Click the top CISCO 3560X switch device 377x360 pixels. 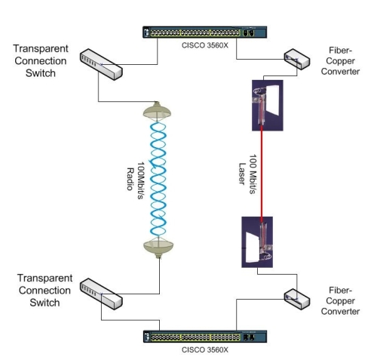click(204, 32)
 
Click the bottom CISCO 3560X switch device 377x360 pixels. click(205, 337)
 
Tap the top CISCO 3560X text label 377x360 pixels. click(205, 45)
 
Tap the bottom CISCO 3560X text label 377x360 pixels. click(205, 350)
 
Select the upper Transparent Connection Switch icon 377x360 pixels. click(101, 64)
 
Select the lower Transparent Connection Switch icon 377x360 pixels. click(101, 294)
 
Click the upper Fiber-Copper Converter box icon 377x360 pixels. click(297, 60)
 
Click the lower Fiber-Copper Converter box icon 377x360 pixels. click(297, 299)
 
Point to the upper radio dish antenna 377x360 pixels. click(157, 111)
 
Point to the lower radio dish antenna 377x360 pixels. click(158, 248)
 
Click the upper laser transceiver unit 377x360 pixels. click(268, 106)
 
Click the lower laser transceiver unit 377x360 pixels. click(257, 242)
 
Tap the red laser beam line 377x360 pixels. click(262, 174)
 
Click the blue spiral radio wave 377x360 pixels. click(158, 179)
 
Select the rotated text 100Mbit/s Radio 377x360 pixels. click(135, 180)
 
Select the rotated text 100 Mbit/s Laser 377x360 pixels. click(247, 174)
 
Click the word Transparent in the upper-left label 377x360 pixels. click(41, 49)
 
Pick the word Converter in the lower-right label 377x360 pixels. click(340, 312)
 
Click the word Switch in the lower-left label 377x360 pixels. click(44, 303)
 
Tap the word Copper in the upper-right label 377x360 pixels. click(340, 61)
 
